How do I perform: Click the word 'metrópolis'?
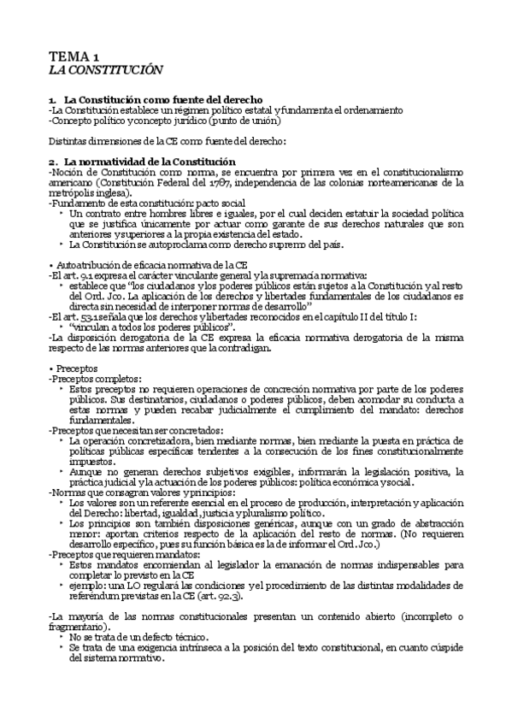tap(74, 192)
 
